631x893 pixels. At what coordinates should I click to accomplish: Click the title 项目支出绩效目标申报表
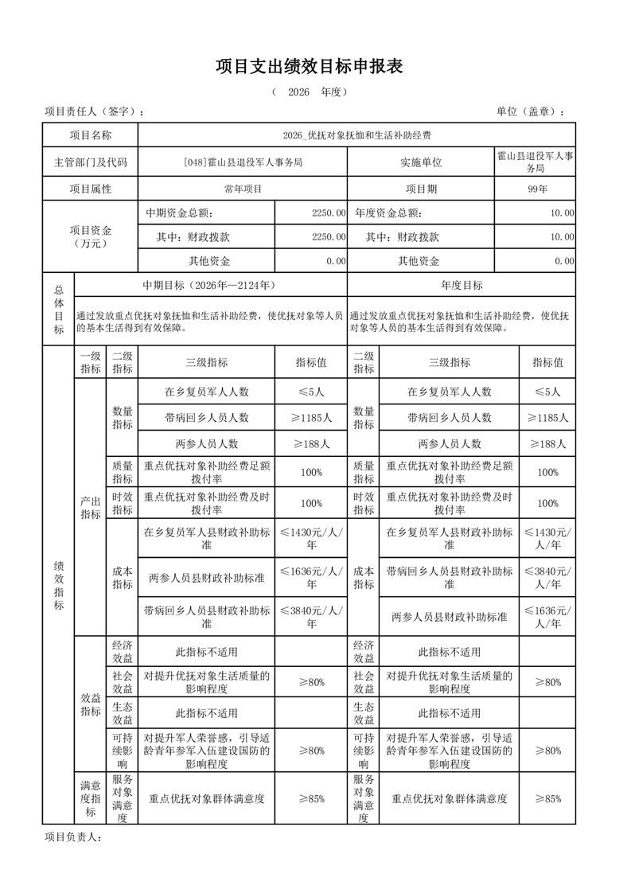click(x=310, y=67)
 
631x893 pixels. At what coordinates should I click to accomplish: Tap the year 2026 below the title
click(x=298, y=92)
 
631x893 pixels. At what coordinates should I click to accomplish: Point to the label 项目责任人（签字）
click(x=94, y=111)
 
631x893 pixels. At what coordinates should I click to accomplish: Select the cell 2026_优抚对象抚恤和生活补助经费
click(x=356, y=135)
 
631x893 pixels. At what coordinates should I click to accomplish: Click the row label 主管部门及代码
click(x=91, y=162)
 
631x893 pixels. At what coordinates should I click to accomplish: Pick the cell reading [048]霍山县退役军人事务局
click(x=243, y=162)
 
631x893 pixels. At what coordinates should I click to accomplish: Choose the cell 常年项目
click(x=243, y=189)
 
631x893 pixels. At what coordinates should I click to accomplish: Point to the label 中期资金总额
click(x=179, y=213)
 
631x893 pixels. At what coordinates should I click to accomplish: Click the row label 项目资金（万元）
click(x=91, y=236)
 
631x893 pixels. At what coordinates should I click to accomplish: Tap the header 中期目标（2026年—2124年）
click(x=209, y=285)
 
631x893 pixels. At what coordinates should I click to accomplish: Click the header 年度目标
click(x=462, y=285)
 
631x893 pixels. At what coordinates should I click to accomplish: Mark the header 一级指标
click(x=90, y=362)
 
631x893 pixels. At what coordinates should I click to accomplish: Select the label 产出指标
click(x=90, y=507)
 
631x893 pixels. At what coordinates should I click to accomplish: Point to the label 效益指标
click(x=90, y=704)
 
